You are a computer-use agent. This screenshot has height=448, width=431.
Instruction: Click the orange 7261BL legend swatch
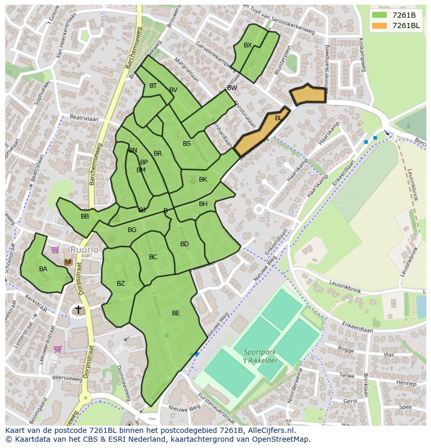pos(380,25)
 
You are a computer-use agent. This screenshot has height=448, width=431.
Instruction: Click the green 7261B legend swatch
pos(380,15)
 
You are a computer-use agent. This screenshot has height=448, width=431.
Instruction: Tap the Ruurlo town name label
pos(84,250)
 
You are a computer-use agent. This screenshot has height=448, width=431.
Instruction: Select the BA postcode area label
pos(43,269)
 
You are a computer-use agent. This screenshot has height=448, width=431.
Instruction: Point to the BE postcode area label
pos(176,313)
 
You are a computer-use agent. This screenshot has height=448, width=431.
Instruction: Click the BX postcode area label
pos(248,45)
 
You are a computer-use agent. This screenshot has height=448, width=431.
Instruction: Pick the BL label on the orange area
pos(278,118)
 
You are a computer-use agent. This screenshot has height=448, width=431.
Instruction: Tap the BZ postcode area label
pos(121,284)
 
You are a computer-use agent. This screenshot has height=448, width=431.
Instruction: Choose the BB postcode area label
pos(85,216)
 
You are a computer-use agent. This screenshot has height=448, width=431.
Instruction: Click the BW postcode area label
pos(232,88)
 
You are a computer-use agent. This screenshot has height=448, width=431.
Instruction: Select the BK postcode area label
pos(203,180)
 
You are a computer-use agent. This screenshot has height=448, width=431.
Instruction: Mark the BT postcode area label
pos(153,86)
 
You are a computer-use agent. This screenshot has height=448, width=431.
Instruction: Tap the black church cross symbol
pos(78,310)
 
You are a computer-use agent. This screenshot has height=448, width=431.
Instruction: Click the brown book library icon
pos(68,262)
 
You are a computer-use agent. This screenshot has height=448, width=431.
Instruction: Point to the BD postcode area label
pos(184,244)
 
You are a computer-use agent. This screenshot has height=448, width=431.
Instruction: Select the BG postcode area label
pos(132,230)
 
